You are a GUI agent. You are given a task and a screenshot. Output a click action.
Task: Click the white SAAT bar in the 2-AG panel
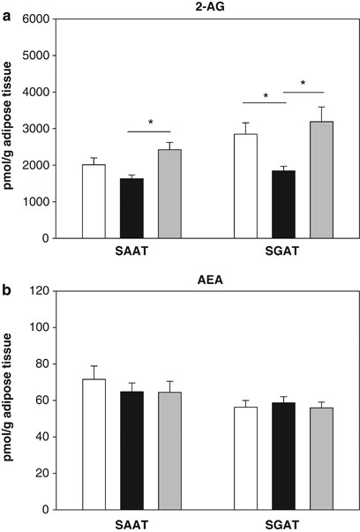pos(94,201)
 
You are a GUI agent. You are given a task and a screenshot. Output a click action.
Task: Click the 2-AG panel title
pos(206,7)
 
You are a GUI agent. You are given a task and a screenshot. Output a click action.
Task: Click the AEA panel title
pos(206,279)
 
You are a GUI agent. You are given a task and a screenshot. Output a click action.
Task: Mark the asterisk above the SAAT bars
pos(150,123)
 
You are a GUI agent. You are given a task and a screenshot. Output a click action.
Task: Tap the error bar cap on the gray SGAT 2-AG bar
pos(320,108)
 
